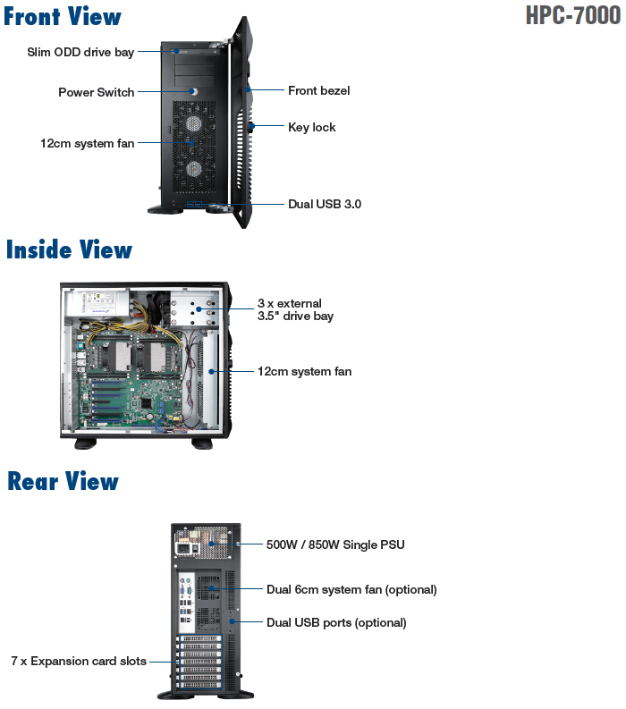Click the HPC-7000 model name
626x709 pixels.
pyautogui.click(x=572, y=16)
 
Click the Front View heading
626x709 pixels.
pyautogui.click(x=63, y=16)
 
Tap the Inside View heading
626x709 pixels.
pyautogui.click(x=69, y=249)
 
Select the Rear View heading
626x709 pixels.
pyautogui.click(x=63, y=481)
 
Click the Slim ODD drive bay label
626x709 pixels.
pyautogui.click(x=80, y=52)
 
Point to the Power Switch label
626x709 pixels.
pyautogui.click(x=97, y=92)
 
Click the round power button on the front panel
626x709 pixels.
pyautogui.click(x=193, y=90)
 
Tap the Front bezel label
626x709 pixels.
pyautogui.click(x=318, y=90)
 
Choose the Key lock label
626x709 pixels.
pyautogui.click(x=311, y=127)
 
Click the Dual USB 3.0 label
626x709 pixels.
pyautogui.click(x=324, y=204)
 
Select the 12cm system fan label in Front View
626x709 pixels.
pyautogui.click(x=87, y=143)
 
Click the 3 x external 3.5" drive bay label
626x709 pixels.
pyautogui.click(x=295, y=309)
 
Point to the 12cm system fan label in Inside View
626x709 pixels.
pyautogui.click(x=304, y=371)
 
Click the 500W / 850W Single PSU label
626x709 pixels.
pyautogui.click(x=335, y=544)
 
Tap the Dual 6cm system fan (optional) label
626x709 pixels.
pyautogui.click(x=351, y=589)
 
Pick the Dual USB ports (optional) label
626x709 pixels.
pyautogui.click(x=336, y=622)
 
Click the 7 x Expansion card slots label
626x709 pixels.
pyautogui.click(x=79, y=662)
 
